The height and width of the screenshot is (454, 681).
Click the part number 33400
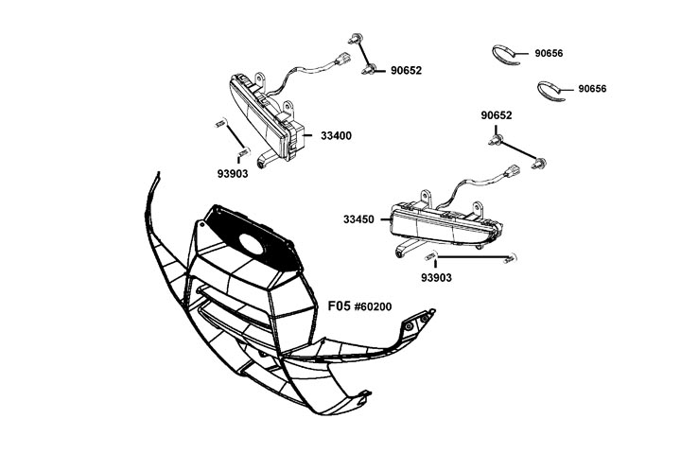pyautogui.click(x=336, y=136)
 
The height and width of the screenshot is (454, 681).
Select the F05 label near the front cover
pyautogui.click(x=340, y=306)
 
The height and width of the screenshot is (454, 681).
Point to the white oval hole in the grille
pyautogui.click(x=252, y=243)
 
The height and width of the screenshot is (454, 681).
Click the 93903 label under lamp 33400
pyautogui.click(x=233, y=173)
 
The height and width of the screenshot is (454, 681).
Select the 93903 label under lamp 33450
pyautogui.click(x=437, y=278)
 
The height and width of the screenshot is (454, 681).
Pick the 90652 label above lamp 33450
pyautogui.click(x=496, y=116)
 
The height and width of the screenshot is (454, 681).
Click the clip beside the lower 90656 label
pyautogui.click(x=550, y=91)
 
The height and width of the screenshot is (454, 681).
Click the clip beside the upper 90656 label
pyautogui.click(x=507, y=54)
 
